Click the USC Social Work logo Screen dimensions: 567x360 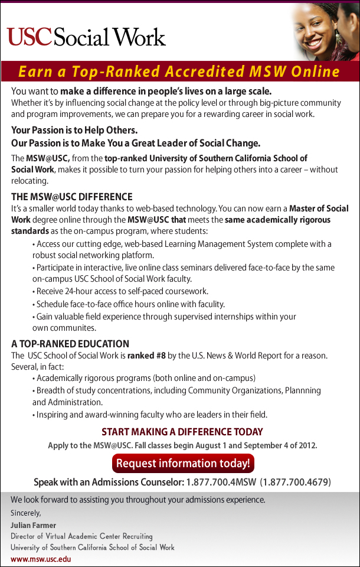point(86,37)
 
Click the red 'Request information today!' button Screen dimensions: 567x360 point(183,463)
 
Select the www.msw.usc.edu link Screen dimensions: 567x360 point(41,559)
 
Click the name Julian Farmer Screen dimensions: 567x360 point(33,525)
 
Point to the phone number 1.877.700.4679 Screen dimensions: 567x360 point(296,482)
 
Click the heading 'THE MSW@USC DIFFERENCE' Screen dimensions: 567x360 point(72,197)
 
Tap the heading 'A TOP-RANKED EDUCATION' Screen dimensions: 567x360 point(70,344)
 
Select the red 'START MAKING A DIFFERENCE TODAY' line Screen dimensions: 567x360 point(182,432)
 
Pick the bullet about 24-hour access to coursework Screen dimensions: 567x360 point(122,291)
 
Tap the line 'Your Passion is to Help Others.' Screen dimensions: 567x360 point(74,130)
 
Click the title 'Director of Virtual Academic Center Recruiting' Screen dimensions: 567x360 point(81,536)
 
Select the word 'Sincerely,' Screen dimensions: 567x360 point(26,513)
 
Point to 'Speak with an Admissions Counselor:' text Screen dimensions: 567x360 point(109,482)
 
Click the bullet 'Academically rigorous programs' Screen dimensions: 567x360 point(146,378)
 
